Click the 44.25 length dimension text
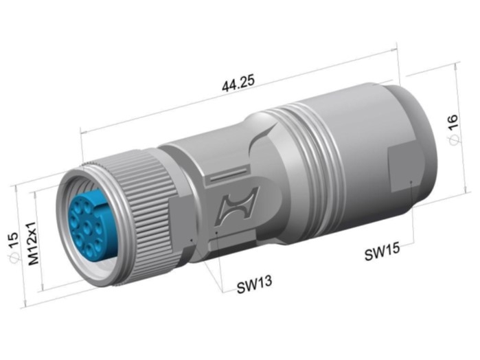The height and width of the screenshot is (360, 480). point(238,82)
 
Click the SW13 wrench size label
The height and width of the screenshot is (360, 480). point(254,284)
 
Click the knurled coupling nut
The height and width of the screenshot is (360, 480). point(144,214)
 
